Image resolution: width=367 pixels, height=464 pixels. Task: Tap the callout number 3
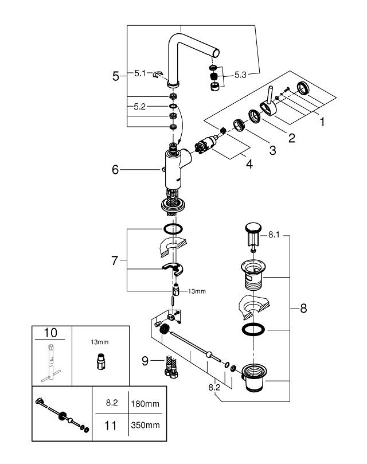pyautogui.click(x=272, y=150)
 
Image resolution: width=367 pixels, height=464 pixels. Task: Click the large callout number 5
pyautogui.click(x=116, y=76)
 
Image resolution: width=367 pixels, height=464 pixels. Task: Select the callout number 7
pyautogui.click(x=116, y=261)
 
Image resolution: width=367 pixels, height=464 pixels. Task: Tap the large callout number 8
pyautogui.click(x=303, y=309)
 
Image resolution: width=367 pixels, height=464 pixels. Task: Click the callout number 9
pyautogui.click(x=145, y=361)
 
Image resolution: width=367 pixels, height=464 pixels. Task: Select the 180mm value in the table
pyautogui.click(x=146, y=404)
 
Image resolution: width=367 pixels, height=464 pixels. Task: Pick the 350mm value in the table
pyautogui.click(x=146, y=426)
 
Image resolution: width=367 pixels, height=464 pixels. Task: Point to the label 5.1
pyautogui.click(x=140, y=73)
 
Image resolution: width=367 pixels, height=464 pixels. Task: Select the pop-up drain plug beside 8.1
pyautogui.click(x=251, y=232)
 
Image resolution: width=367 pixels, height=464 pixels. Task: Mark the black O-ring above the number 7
pyautogui.click(x=173, y=228)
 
